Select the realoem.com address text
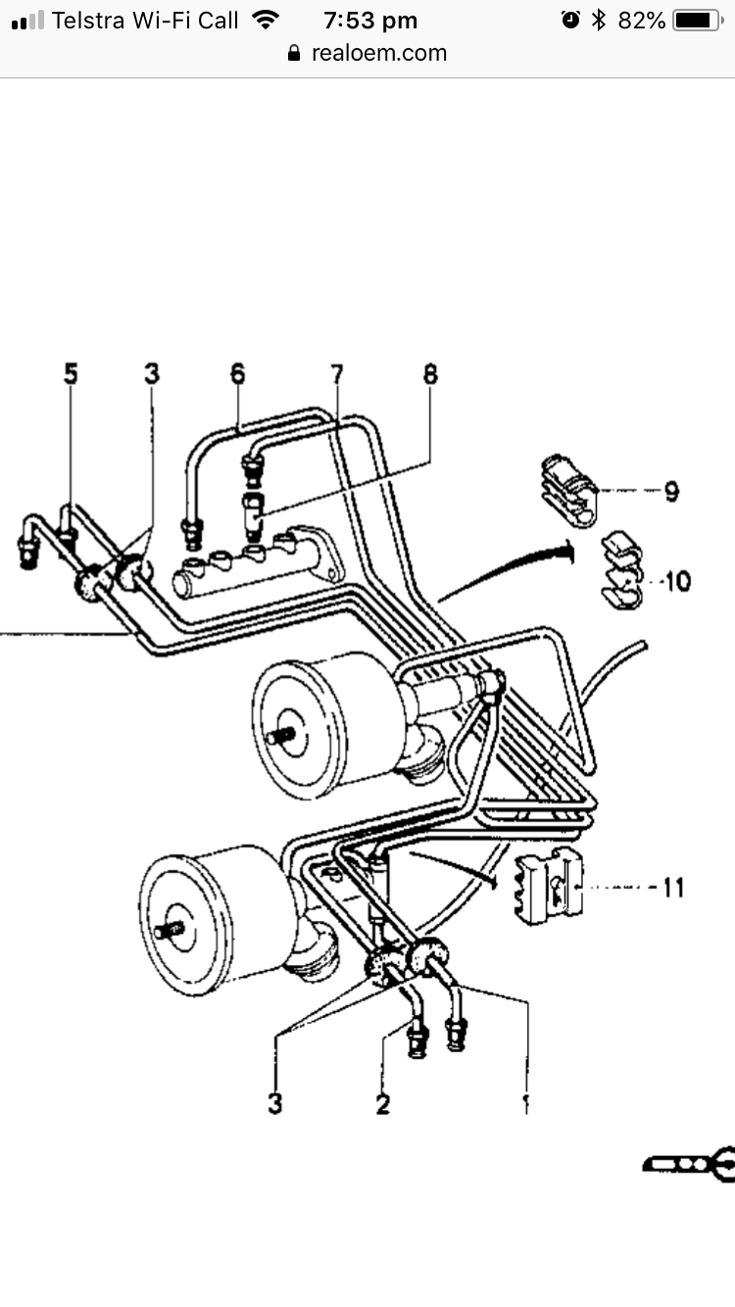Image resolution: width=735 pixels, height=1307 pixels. [x=378, y=54]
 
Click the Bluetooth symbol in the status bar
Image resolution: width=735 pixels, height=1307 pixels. [x=599, y=21]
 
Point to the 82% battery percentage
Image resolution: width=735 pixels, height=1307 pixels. [x=642, y=21]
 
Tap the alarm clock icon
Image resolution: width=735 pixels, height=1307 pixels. [x=570, y=21]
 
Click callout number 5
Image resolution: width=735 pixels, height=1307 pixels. [x=71, y=373]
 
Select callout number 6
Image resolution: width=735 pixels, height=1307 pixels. [x=238, y=373]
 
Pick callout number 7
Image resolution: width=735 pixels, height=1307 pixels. [x=337, y=373]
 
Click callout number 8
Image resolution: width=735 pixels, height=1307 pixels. [x=430, y=373]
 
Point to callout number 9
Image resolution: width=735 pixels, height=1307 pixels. [x=671, y=491]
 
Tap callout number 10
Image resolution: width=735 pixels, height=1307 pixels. [x=676, y=581]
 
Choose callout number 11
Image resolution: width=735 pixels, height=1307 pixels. [x=673, y=888]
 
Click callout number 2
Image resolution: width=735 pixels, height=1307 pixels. [x=382, y=1104]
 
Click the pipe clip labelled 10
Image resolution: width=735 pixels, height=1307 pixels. [x=619, y=571]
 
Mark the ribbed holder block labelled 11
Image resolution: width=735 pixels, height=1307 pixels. [x=547, y=887]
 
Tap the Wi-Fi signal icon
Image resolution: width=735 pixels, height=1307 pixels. [x=264, y=20]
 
